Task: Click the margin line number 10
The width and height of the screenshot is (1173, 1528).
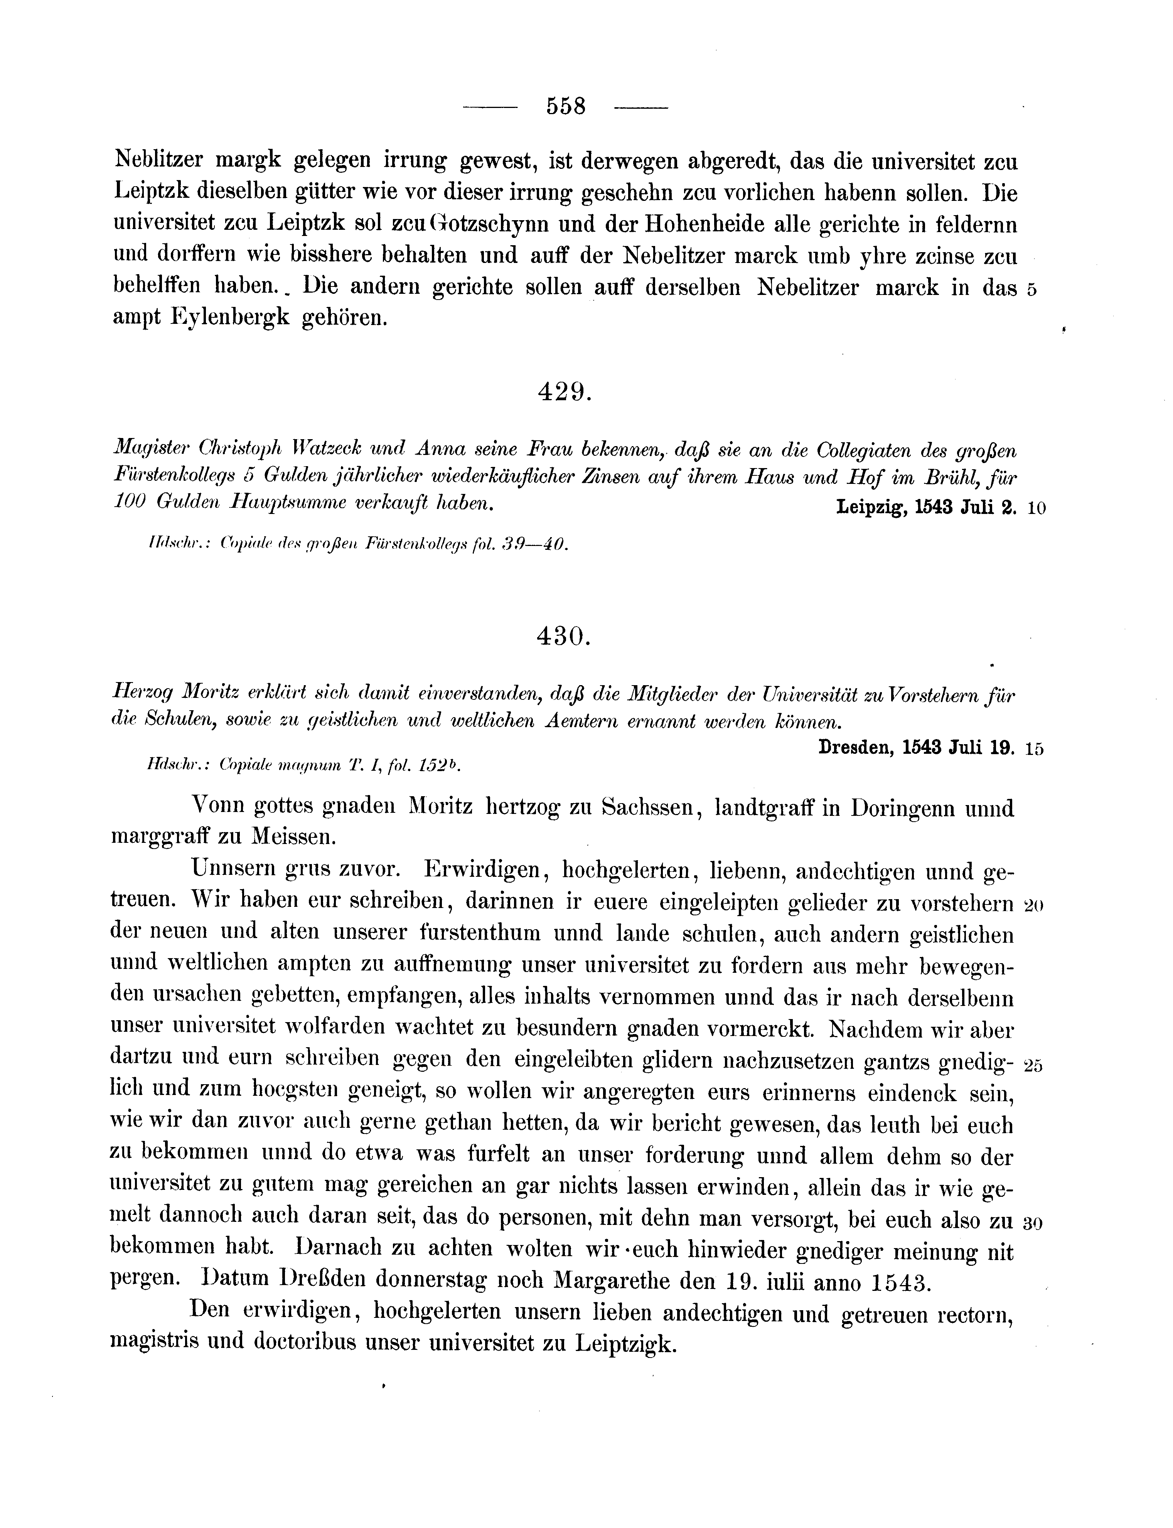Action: pyautogui.click(x=1036, y=509)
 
